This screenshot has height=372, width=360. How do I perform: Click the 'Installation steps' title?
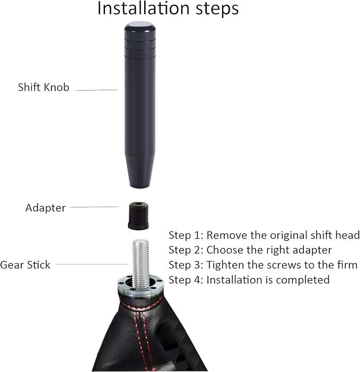(x=168, y=9)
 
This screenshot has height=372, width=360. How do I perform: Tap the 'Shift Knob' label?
(x=43, y=87)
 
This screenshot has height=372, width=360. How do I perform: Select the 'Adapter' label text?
(x=46, y=208)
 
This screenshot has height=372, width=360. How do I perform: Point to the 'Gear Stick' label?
(x=25, y=264)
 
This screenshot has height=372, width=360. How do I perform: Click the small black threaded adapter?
(x=138, y=215)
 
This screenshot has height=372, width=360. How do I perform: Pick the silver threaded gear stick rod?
(x=141, y=262)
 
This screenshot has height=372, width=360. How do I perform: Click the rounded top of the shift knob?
(x=140, y=26)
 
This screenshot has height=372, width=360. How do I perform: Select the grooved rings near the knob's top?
(x=140, y=48)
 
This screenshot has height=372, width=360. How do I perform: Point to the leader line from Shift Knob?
(x=96, y=90)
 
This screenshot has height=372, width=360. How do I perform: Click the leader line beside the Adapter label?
(x=94, y=207)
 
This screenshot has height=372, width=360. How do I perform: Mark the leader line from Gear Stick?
(x=92, y=264)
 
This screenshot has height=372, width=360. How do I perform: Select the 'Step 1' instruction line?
(x=264, y=235)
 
